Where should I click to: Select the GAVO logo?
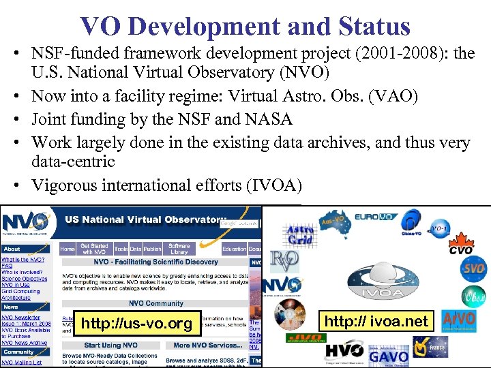click(x=388, y=354)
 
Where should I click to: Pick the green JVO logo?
click(x=304, y=338)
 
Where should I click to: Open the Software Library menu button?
click(x=179, y=249)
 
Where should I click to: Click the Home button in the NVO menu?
click(x=68, y=249)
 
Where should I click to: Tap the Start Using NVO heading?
click(x=112, y=345)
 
